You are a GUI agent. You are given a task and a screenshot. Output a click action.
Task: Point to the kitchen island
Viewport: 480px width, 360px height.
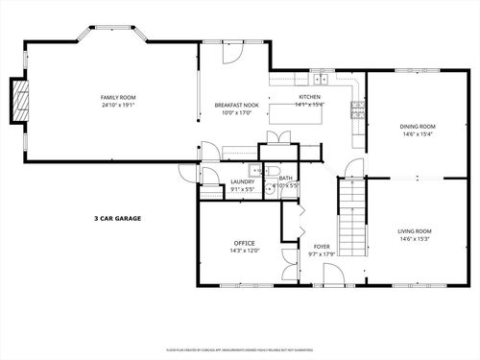pyautogui.click(x=295, y=113)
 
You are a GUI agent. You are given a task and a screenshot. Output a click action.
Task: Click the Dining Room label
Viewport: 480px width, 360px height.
pyautogui.click(x=418, y=126)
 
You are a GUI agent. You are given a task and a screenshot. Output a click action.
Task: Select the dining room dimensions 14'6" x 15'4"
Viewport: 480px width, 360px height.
pyautogui.click(x=418, y=134)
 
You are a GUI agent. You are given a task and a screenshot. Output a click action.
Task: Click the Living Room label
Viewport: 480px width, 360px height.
pyautogui.click(x=416, y=231)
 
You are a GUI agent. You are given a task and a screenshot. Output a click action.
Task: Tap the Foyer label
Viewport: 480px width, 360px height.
pyautogui.click(x=322, y=246)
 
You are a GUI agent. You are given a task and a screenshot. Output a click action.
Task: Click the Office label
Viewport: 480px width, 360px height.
pyautogui.click(x=244, y=243)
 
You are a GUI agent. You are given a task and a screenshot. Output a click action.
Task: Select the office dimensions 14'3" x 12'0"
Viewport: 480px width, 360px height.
pyautogui.click(x=244, y=252)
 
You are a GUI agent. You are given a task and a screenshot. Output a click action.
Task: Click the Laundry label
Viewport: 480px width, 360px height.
pyautogui.click(x=241, y=181)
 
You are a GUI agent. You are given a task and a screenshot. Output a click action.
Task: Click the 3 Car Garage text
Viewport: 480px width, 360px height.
pyautogui.click(x=117, y=219)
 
